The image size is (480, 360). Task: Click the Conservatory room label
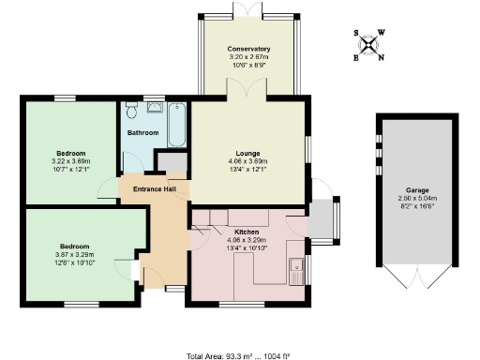pyautogui.click(x=248, y=49)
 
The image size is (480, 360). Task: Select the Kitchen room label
pyautogui.click(x=233, y=230)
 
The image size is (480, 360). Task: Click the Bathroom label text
pyautogui.click(x=142, y=133)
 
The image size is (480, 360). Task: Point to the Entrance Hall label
pyautogui.click(x=155, y=190)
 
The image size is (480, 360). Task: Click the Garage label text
pyautogui.click(x=405, y=190)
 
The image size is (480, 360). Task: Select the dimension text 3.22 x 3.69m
pyautogui.click(x=71, y=161)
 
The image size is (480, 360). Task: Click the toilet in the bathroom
pyautogui.click(x=132, y=110)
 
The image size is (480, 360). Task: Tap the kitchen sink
pyautogui.click(x=297, y=270)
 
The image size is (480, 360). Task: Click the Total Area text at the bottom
pyautogui.click(x=240, y=354)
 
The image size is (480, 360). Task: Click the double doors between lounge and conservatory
pyautogui.click(x=248, y=94)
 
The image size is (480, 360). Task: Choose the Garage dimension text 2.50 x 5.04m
pyautogui.click(x=405, y=199)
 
